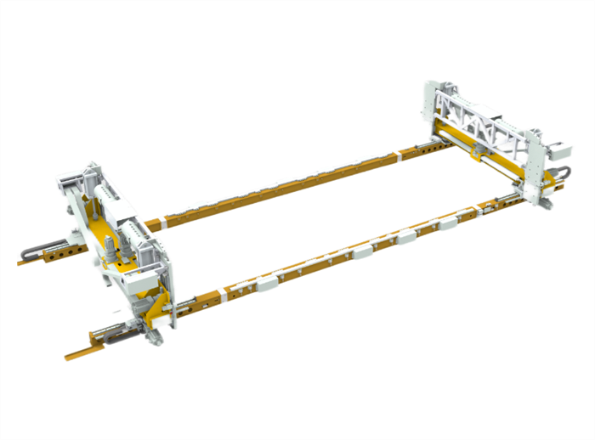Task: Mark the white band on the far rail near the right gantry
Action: point(401,155)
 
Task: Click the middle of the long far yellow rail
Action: point(280,189)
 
